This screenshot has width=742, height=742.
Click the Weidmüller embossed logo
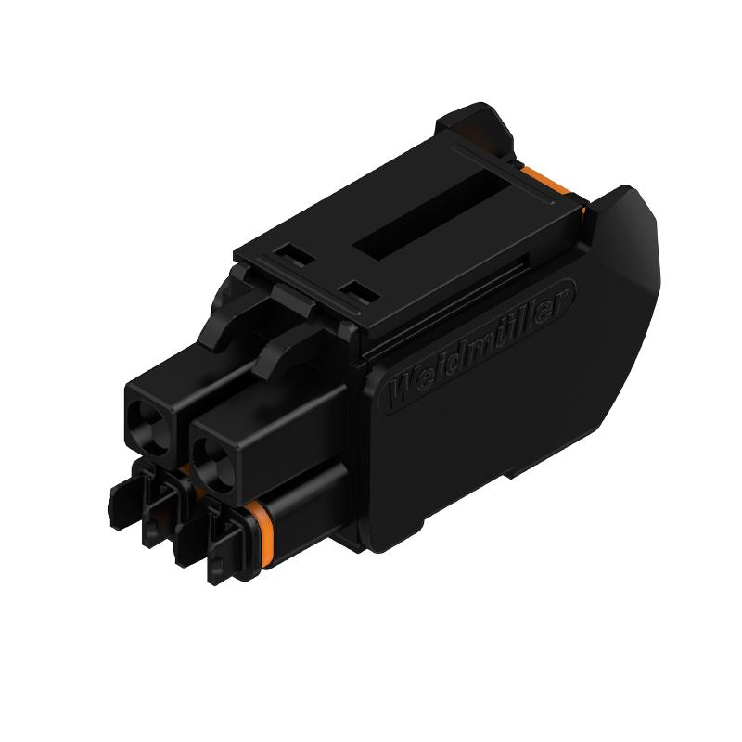pos(481,343)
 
